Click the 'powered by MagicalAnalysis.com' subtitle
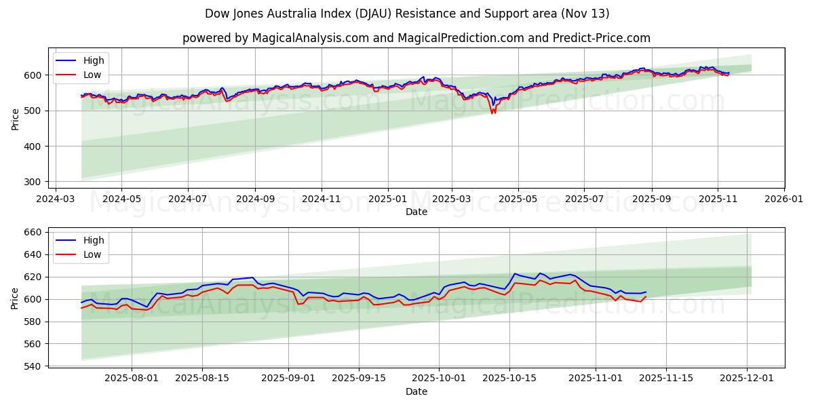point(416,38)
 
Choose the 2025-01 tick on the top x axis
point(388,199)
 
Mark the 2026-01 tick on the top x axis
point(783,199)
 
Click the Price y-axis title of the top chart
point(15,119)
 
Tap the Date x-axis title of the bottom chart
point(416,391)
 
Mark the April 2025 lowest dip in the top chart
point(492,113)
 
